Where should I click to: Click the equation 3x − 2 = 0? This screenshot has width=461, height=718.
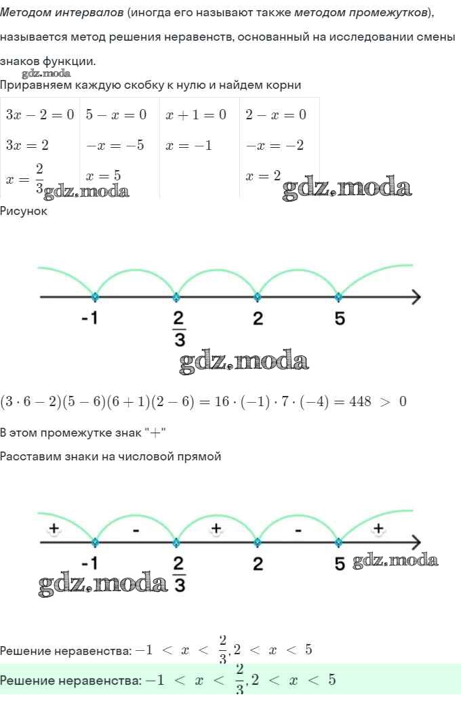tap(40, 115)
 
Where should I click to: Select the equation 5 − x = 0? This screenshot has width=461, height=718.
tap(117, 115)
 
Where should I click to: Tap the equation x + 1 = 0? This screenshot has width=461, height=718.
tap(196, 115)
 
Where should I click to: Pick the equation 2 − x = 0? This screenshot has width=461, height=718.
tap(276, 115)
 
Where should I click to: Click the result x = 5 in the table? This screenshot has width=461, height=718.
tap(104, 176)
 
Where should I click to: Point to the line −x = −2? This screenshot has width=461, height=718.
tap(275, 145)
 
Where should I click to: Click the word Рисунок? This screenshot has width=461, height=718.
tap(23, 211)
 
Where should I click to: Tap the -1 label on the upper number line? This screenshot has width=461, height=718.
tap(89, 317)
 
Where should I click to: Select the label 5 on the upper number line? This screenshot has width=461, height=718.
tap(339, 318)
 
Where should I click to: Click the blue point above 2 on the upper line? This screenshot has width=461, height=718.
tap(258, 297)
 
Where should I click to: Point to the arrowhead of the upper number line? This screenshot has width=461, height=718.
tap(416, 297)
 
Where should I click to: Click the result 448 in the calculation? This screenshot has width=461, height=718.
tap(360, 401)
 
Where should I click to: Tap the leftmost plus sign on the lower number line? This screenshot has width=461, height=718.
tap(54, 528)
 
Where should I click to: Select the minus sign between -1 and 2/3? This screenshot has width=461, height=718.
tap(136, 531)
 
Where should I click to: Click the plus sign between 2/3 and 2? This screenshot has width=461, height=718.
tap(216, 528)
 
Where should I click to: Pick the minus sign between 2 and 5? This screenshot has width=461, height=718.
tap(298, 531)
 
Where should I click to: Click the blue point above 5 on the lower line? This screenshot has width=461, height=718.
tap(338, 542)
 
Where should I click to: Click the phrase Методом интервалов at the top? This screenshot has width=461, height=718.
tap(62, 12)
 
